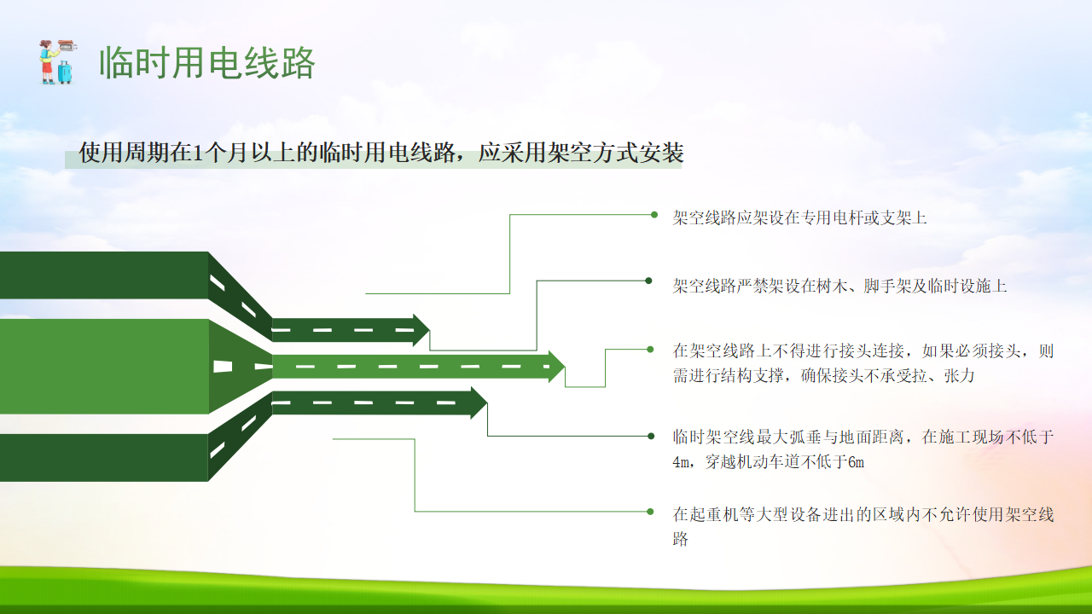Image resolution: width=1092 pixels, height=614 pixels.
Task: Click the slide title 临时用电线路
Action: [x=207, y=63]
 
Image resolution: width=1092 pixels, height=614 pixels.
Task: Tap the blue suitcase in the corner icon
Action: [x=65, y=72]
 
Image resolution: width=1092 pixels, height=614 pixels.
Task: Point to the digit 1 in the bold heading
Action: [x=198, y=153]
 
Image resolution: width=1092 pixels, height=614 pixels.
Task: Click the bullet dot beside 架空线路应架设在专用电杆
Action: [x=654, y=214]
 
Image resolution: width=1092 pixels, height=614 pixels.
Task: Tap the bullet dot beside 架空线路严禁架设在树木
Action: [x=648, y=281]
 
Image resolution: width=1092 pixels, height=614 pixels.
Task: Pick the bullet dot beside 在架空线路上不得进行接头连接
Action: [x=650, y=349]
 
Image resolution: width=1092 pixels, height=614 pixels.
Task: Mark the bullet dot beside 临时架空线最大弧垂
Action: [x=651, y=436]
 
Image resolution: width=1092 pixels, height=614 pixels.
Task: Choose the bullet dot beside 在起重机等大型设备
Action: [x=650, y=512]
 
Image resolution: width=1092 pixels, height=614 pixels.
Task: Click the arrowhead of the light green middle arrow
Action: [x=556, y=367]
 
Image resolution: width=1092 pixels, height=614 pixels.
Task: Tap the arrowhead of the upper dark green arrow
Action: [x=421, y=330]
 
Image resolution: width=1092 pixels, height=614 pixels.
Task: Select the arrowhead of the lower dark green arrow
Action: [x=479, y=403]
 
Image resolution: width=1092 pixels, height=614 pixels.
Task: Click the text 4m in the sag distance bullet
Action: [x=681, y=462]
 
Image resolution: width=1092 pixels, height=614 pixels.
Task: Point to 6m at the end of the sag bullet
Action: [x=856, y=462]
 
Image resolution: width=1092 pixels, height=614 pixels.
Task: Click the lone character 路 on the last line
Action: [x=681, y=539]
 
